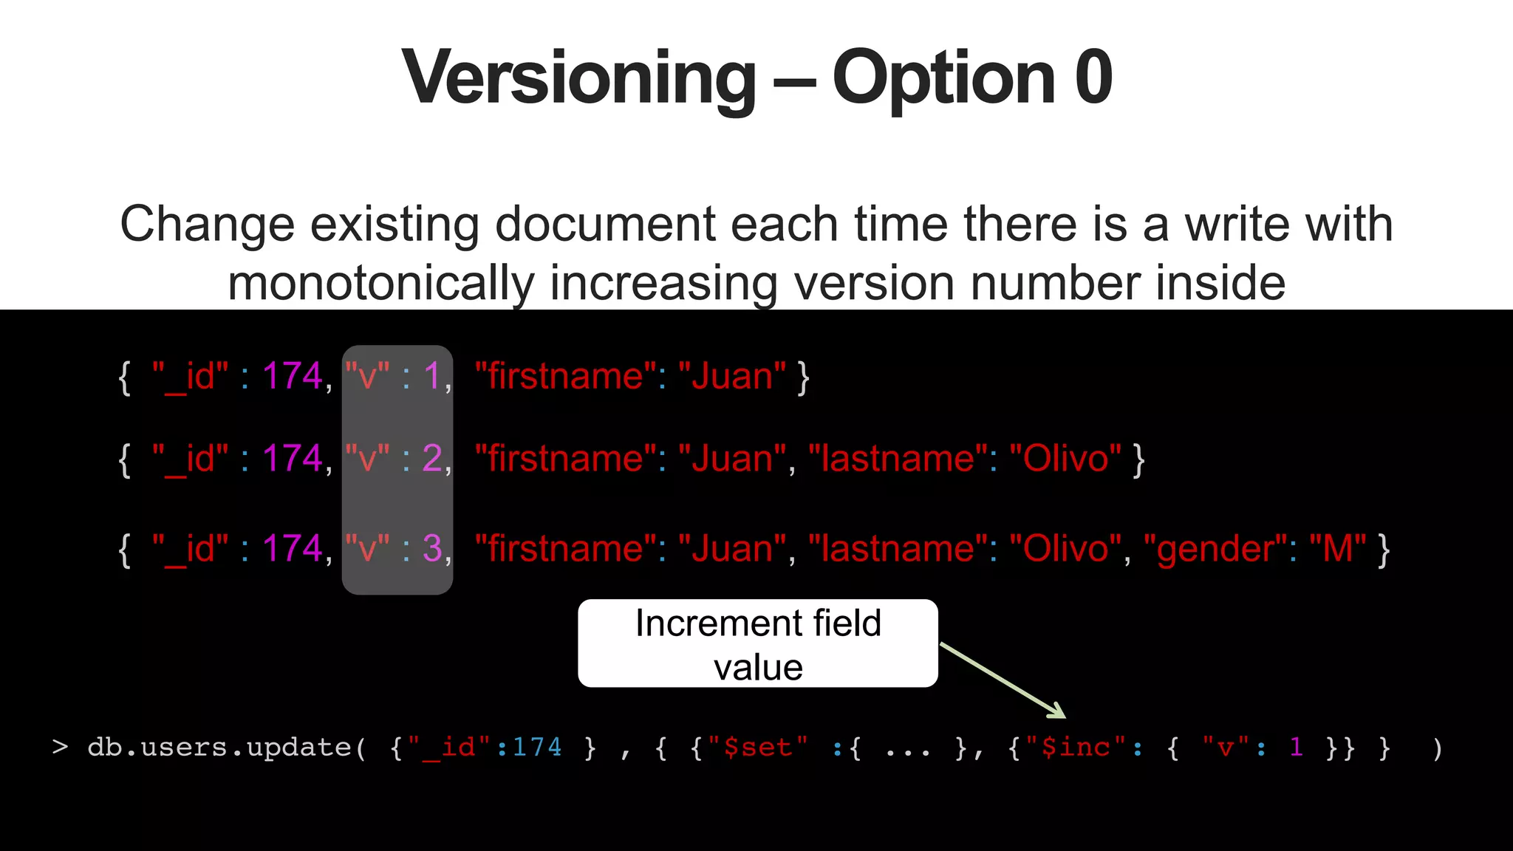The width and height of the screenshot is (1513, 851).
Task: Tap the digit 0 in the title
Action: coord(1093,77)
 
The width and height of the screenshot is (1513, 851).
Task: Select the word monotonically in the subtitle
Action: coord(380,284)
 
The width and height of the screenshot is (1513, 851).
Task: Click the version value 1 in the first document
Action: coord(432,376)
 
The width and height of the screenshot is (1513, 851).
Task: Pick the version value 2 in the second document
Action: coord(432,459)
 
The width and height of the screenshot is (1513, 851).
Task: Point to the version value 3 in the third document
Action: coord(432,549)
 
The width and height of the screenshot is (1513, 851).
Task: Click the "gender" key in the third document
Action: coord(1216,549)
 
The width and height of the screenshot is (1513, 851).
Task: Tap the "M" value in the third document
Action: coord(1337,549)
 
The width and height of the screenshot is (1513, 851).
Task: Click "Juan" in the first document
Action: coord(732,376)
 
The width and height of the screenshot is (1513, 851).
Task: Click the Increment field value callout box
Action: coord(758,643)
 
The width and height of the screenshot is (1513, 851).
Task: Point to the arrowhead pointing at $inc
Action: coord(1058,711)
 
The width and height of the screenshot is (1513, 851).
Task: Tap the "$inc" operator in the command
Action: coord(1076,748)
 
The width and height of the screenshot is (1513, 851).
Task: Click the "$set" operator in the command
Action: coord(758,748)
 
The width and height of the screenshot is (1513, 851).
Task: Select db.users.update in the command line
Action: coord(219,748)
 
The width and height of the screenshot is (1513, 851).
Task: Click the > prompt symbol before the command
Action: coord(61,748)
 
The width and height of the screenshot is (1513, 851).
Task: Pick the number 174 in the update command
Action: coord(537,748)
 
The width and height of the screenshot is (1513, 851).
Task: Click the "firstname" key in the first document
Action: coord(566,376)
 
